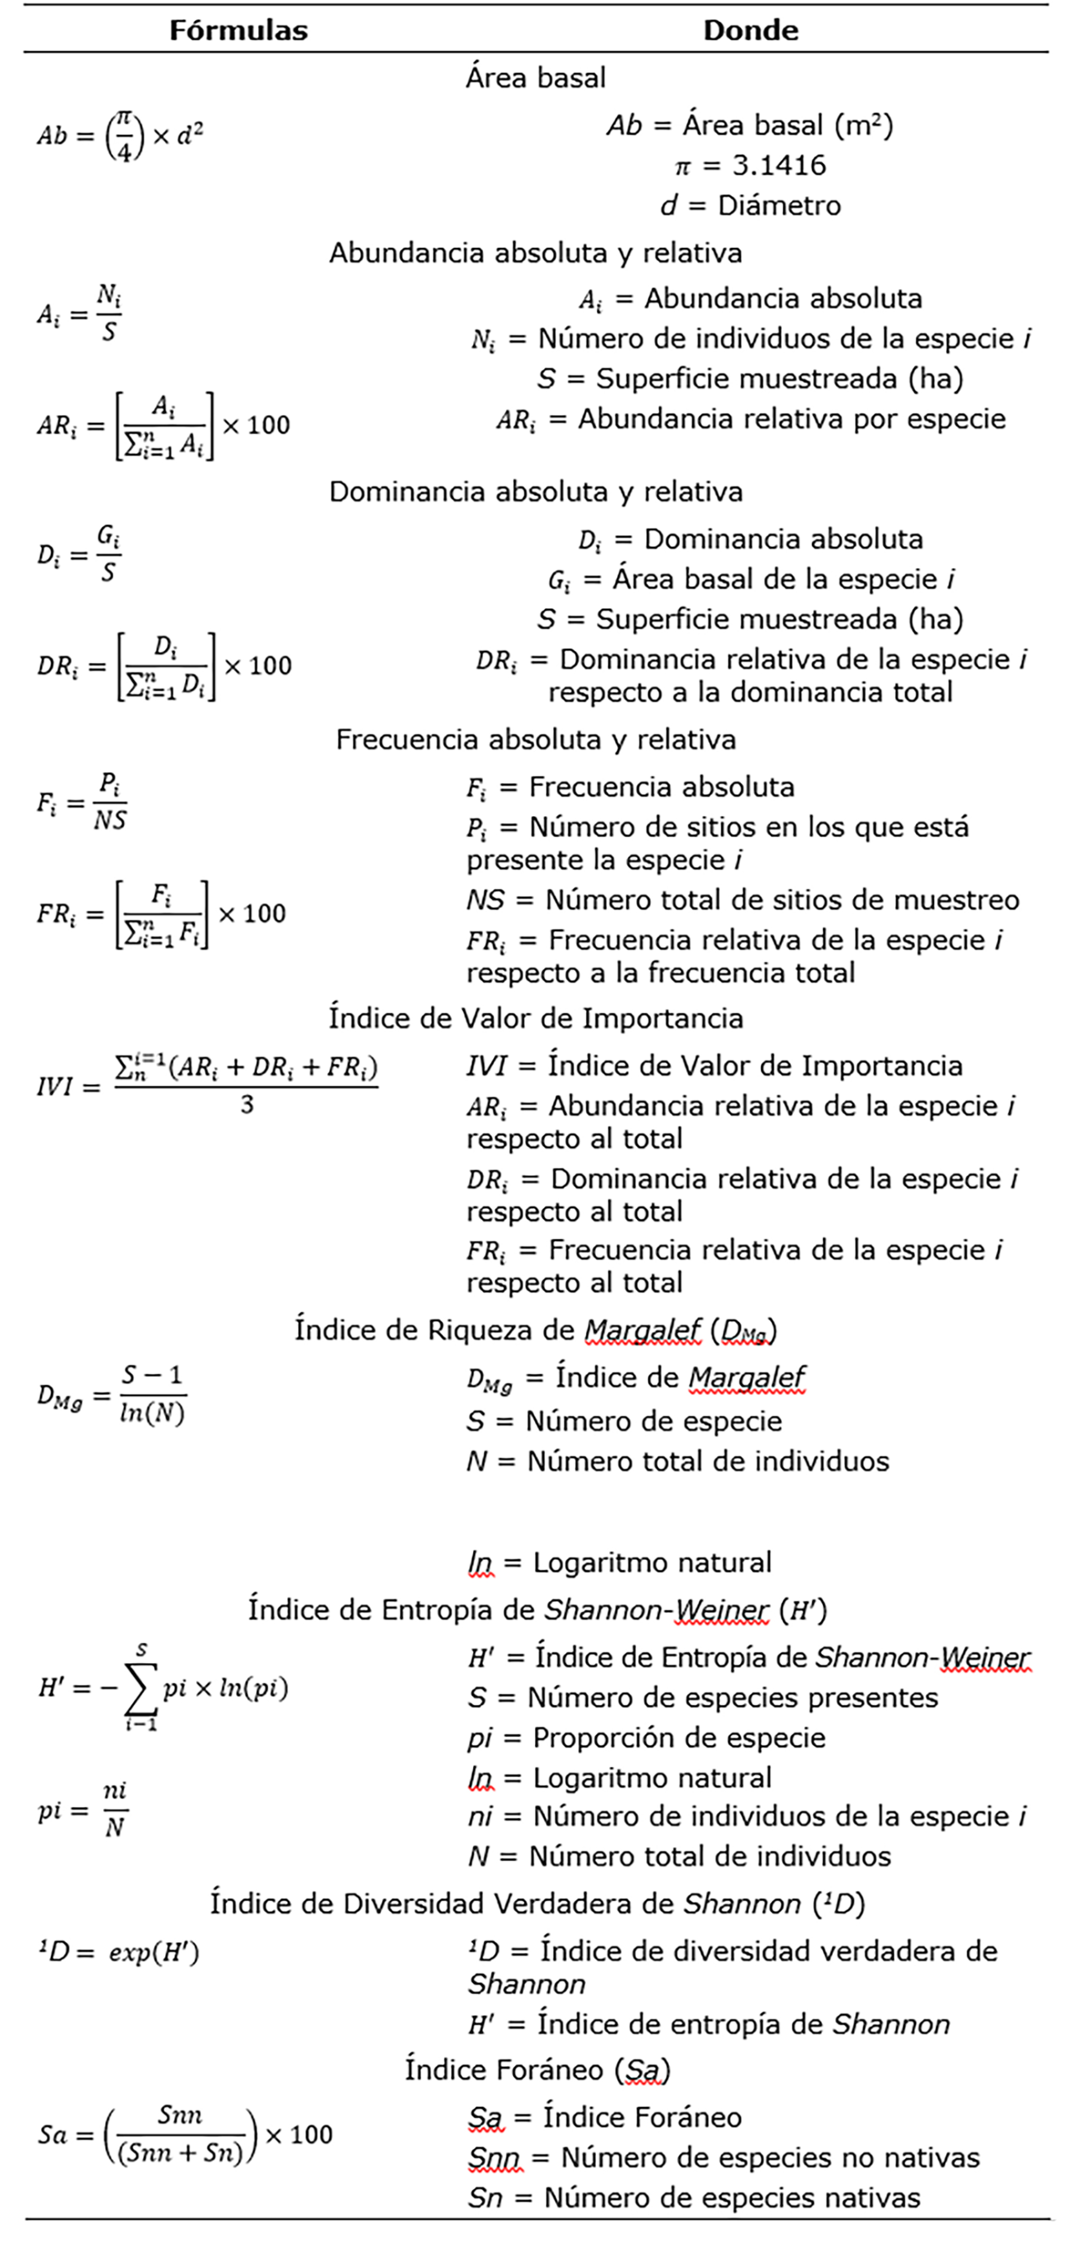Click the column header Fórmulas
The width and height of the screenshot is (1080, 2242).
tap(239, 30)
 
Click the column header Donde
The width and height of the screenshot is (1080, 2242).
tap(750, 30)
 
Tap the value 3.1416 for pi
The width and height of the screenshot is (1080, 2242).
tap(779, 165)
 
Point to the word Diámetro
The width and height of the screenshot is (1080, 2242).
tap(779, 206)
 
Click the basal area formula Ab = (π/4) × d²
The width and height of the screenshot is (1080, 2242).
tap(120, 136)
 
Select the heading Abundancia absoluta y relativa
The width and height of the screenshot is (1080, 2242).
tap(535, 253)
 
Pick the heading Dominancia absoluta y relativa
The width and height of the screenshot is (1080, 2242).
tap(535, 492)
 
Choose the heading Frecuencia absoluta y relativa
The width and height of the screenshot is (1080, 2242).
tap(535, 740)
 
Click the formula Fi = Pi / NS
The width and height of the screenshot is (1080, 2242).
tap(82, 802)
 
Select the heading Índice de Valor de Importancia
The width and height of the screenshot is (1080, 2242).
tap(535, 1018)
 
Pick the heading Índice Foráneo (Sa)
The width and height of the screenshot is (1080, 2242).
tap(537, 2069)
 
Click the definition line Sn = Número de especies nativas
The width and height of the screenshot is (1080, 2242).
tap(694, 2198)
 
